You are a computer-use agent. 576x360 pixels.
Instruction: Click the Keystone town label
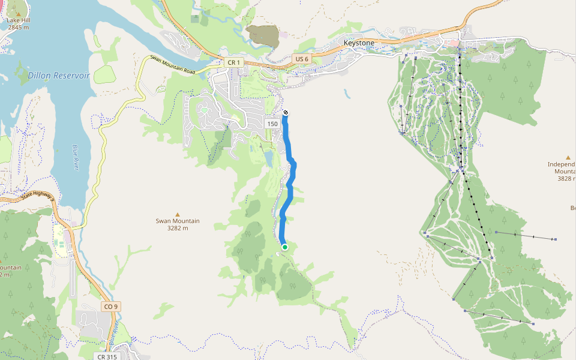click(359, 43)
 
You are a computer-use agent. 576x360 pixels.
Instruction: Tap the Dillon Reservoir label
click(58, 76)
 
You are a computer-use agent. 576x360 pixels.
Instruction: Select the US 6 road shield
click(301, 59)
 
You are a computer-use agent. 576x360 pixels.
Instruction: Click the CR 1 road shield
click(233, 62)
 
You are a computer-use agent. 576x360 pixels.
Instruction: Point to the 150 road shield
click(272, 124)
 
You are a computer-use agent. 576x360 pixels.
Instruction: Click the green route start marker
click(285, 247)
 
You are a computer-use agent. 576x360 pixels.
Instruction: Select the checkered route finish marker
click(285, 112)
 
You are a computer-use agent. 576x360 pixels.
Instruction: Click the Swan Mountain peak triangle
click(177, 214)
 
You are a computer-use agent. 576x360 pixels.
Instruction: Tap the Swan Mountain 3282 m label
click(178, 224)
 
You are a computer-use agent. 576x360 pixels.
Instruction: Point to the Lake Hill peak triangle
click(18, 13)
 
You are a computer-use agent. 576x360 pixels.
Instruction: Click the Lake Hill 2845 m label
click(18, 24)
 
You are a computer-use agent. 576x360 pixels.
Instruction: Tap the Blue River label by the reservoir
click(76, 157)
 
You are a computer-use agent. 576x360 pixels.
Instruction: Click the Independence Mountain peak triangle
click(568, 157)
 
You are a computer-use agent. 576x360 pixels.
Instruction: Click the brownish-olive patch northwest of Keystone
click(263, 35)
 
